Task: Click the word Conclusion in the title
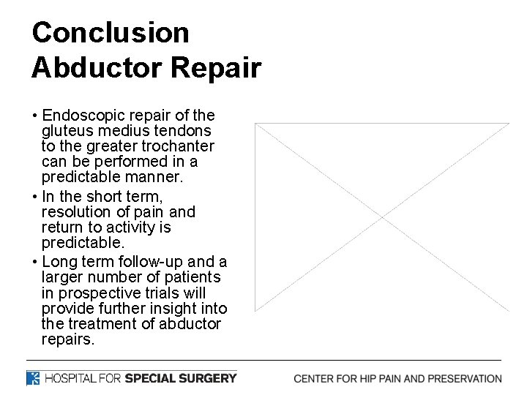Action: [x=111, y=32]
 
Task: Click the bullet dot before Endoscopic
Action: [x=35, y=116]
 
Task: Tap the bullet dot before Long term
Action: [x=35, y=262]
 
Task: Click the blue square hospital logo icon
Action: [x=33, y=378]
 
